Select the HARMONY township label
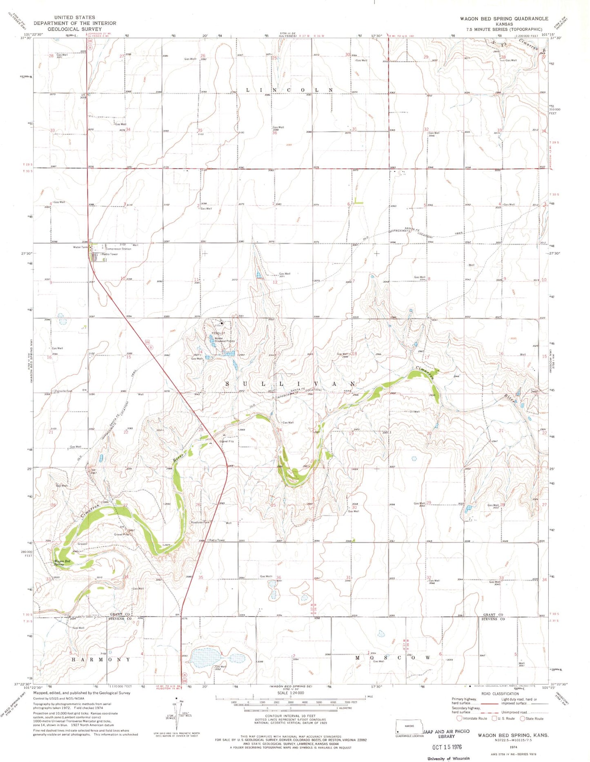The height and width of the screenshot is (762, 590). pyautogui.click(x=101, y=660)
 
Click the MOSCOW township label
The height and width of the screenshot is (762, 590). pyautogui.click(x=392, y=658)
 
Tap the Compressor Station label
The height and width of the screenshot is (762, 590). pyautogui.click(x=118, y=249)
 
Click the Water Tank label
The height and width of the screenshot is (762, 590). pyautogui.click(x=80, y=247)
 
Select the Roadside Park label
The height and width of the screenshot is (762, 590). pyautogui.click(x=200, y=523)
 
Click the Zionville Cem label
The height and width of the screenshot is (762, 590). pyautogui.click(x=63, y=391)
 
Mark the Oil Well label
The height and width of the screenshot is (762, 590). pyautogui.click(x=414, y=412)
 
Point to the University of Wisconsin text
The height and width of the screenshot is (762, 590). pyautogui.click(x=448, y=758)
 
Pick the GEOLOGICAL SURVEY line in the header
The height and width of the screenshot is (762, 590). pyautogui.click(x=75, y=29)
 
